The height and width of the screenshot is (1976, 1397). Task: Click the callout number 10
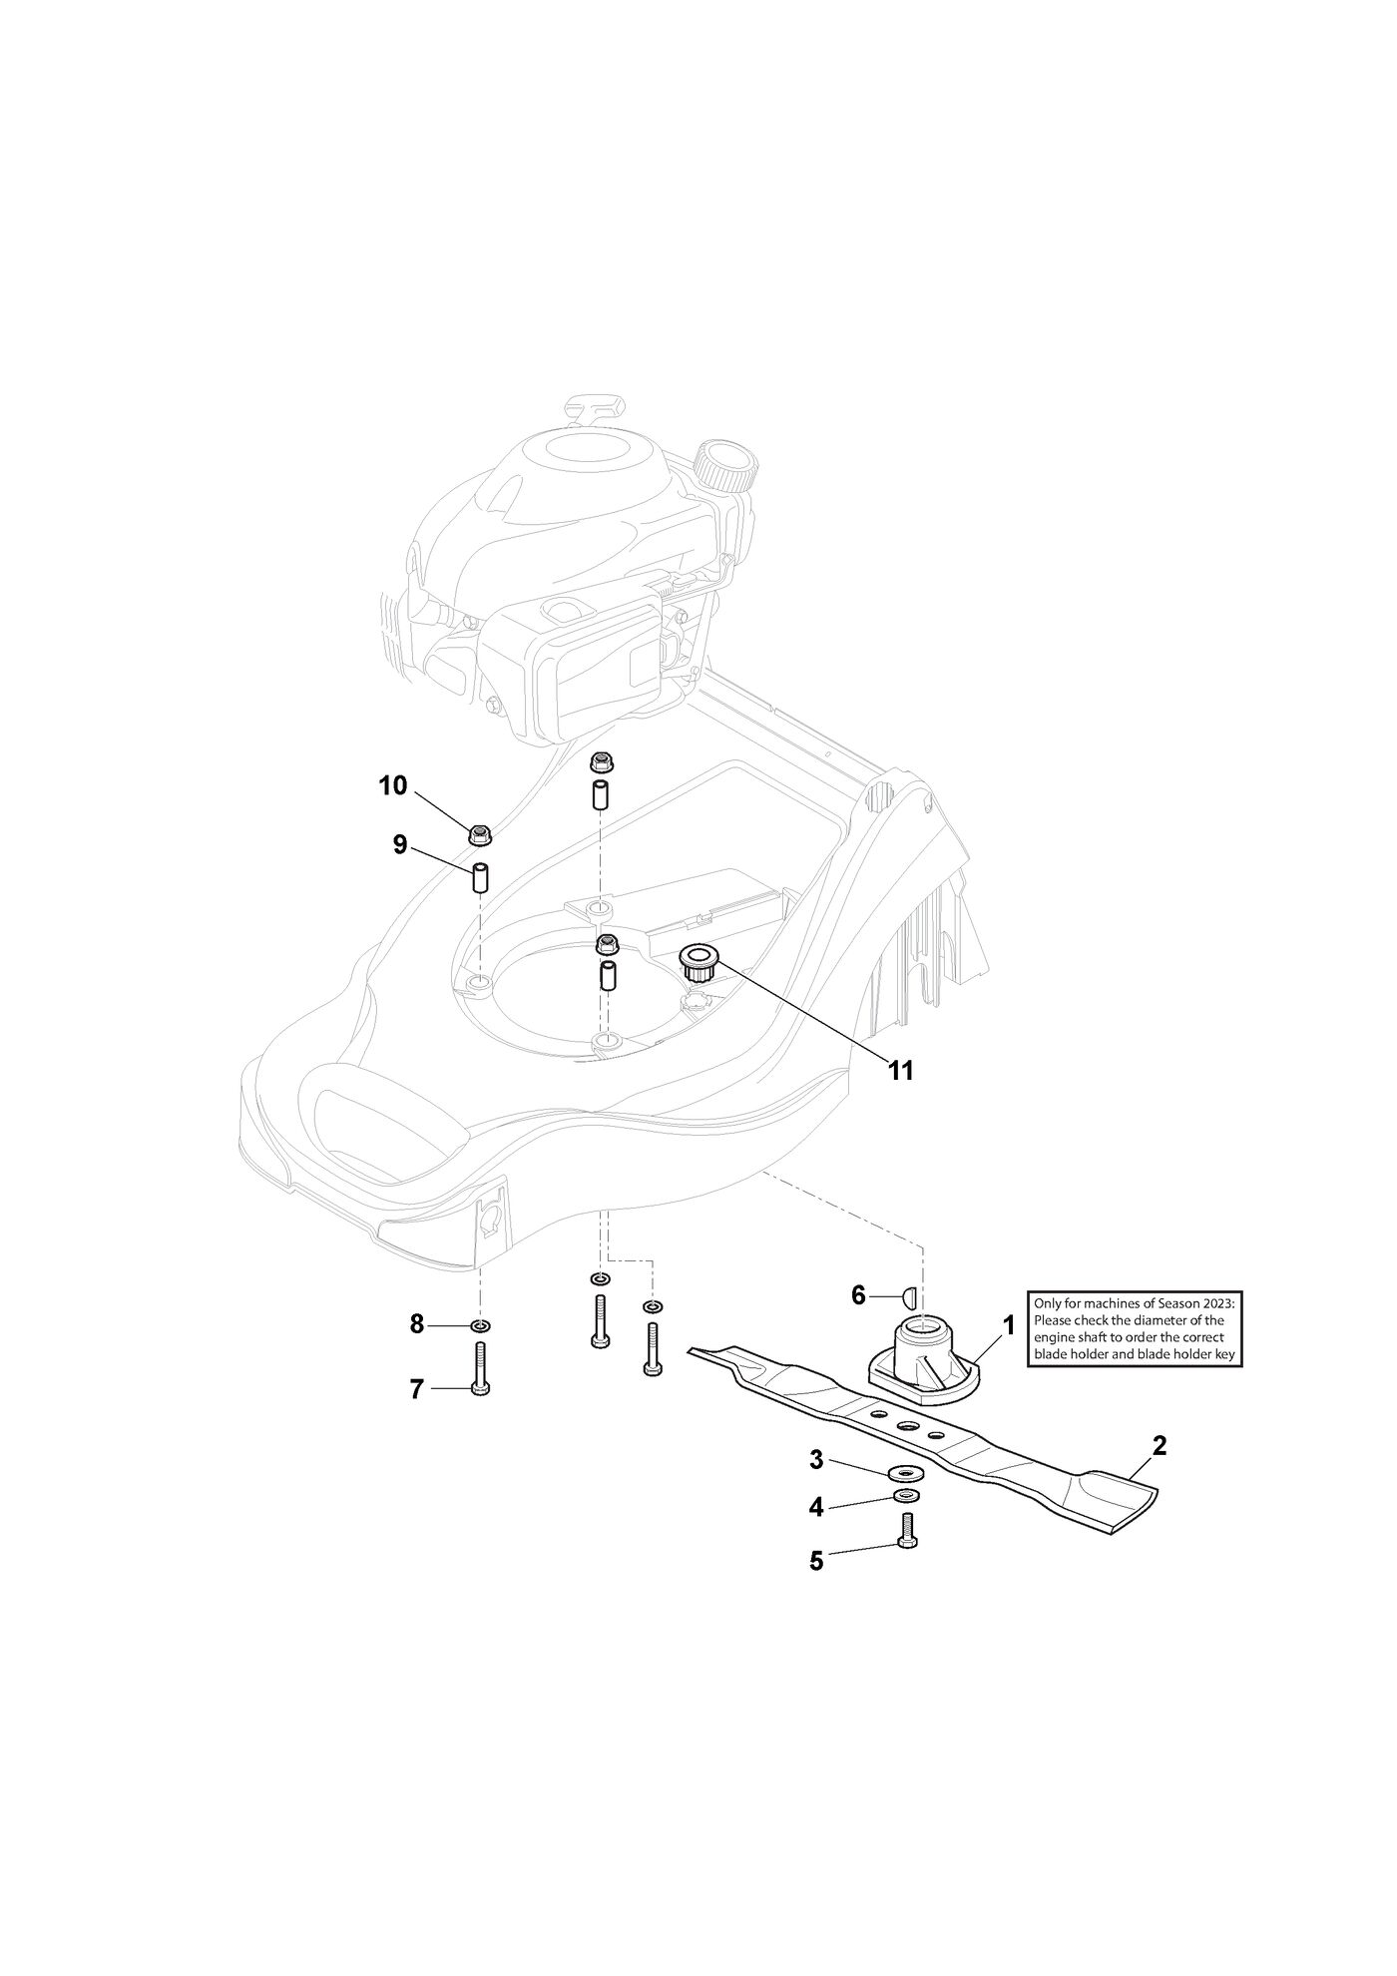[392, 785]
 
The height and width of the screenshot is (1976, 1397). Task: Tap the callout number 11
[901, 1071]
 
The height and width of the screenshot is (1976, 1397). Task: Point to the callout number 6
[858, 1295]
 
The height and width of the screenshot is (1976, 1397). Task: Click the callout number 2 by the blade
[1160, 1445]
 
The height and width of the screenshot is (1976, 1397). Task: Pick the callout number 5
[816, 1561]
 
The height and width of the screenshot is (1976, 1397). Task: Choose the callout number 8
[417, 1325]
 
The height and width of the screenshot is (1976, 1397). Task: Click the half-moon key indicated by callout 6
[909, 1297]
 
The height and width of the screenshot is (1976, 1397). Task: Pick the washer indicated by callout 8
[480, 1326]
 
